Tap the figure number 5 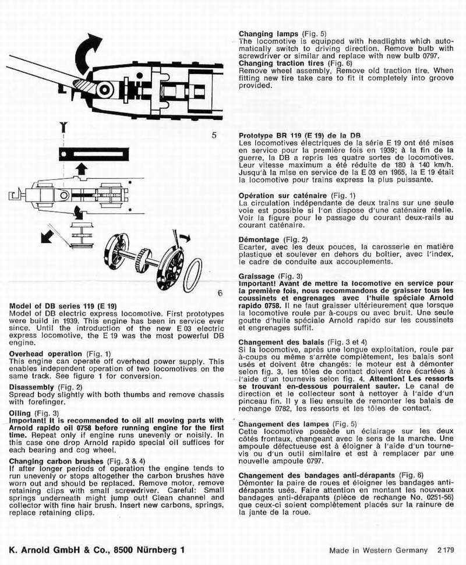coord(214,135)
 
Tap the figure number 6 coord(220,293)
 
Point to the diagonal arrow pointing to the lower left coord(52,235)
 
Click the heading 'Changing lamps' coord(269,34)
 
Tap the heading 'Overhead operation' coord(45,354)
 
